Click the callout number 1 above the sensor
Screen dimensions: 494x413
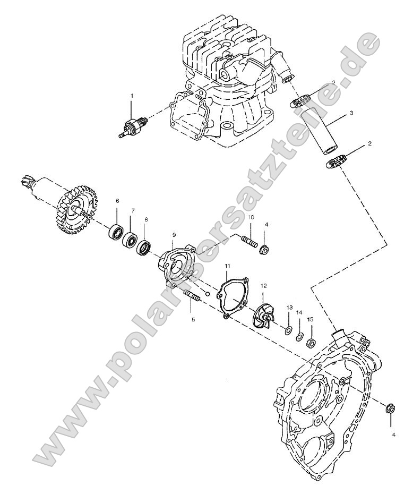tap(132, 95)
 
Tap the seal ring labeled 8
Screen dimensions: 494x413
tap(144, 246)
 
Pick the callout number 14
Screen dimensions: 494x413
tap(299, 313)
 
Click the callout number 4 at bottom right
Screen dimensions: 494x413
tap(393, 435)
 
